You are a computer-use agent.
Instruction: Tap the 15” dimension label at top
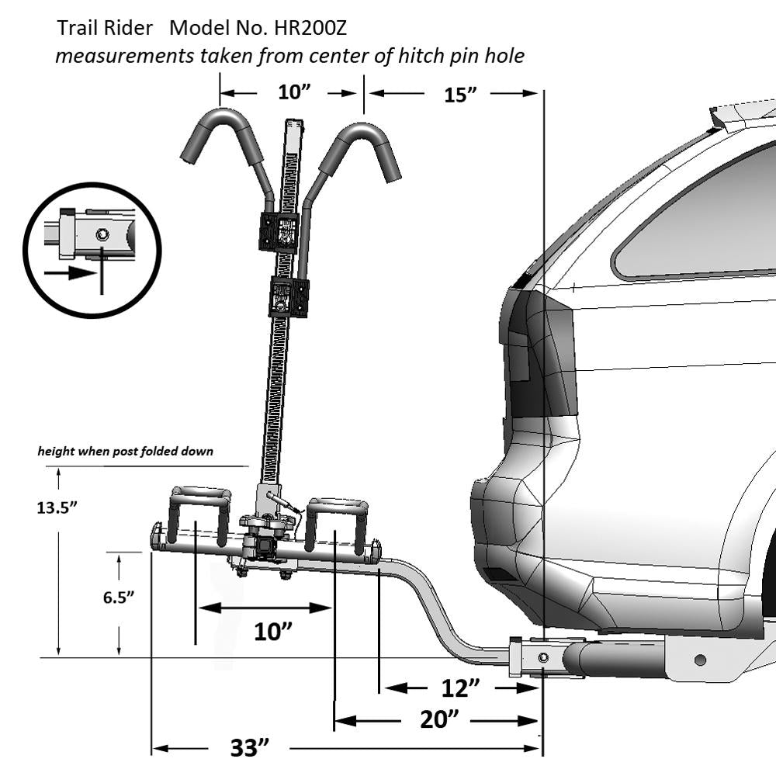tap(459, 95)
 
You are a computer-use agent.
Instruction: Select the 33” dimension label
tap(250, 749)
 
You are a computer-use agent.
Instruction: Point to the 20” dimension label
tap(436, 720)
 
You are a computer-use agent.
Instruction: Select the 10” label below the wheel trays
tap(272, 632)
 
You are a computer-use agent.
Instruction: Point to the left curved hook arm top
tap(221, 124)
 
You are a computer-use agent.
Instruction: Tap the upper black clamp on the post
tap(279, 231)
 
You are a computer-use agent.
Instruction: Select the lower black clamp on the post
tap(288, 296)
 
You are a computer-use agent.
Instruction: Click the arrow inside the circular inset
tap(69, 273)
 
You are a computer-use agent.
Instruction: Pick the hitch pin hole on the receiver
tap(543, 657)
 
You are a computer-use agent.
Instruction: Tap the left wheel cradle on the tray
tap(199, 512)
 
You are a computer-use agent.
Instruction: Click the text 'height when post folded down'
tap(126, 451)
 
